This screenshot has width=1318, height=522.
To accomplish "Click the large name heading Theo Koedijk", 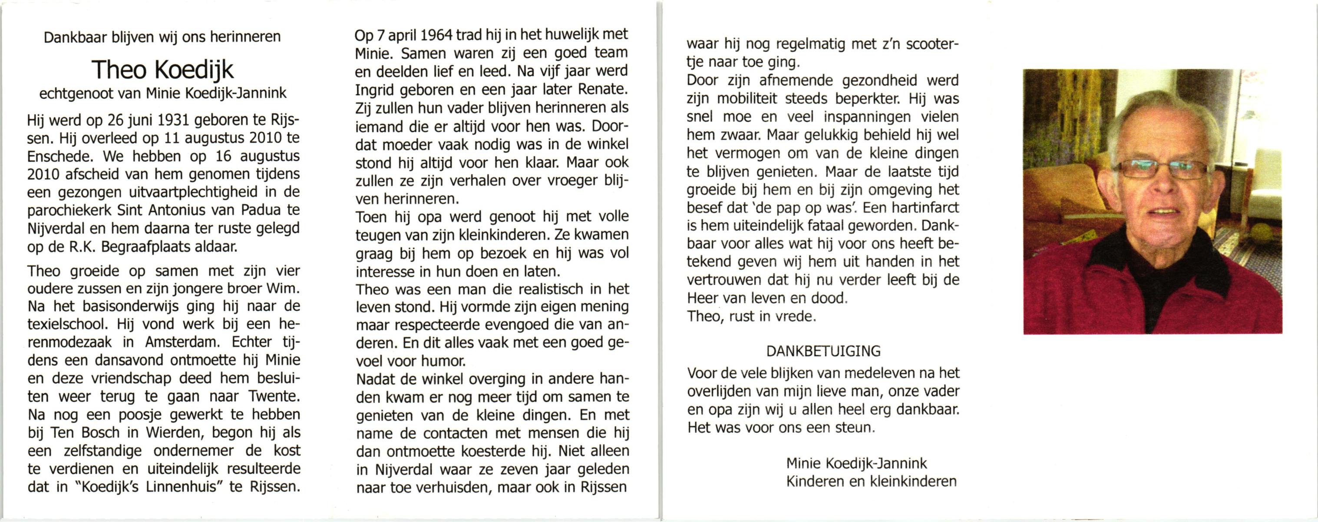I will tap(163, 70).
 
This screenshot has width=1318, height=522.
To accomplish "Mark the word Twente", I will tap(273, 396).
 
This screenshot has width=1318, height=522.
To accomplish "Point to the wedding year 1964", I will tap(436, 35).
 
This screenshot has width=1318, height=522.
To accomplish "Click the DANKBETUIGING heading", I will tap(823, 351).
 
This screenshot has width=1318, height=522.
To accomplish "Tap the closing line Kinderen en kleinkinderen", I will tap(871, 482).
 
